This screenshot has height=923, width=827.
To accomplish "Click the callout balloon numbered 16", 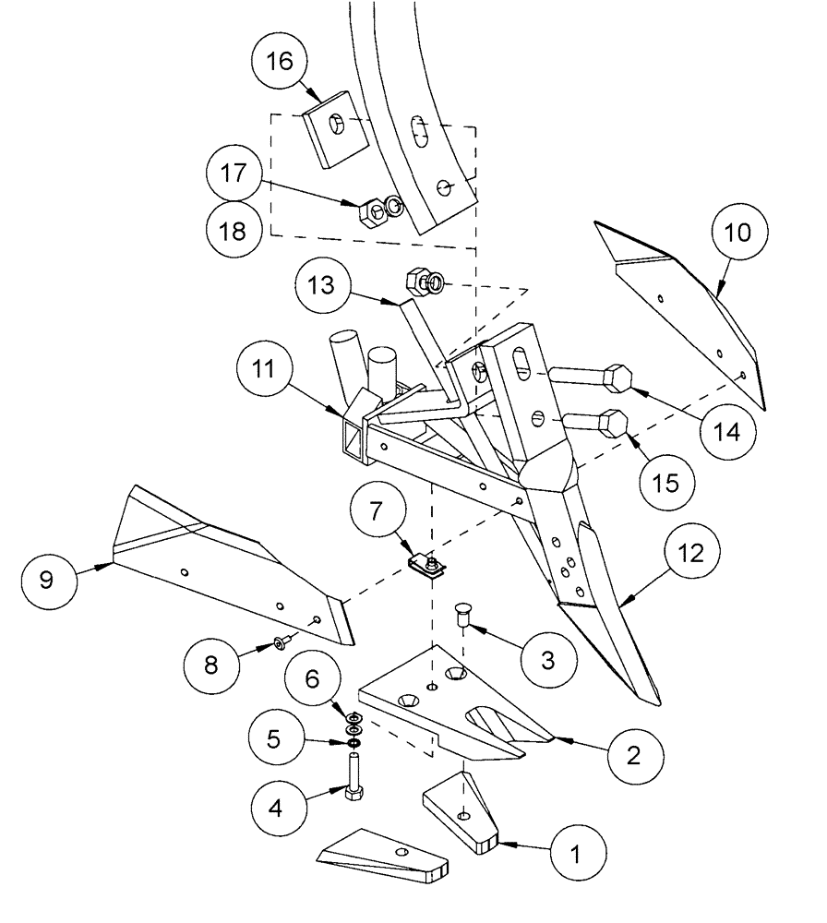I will [280, 63].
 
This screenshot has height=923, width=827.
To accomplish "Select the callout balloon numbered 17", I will [234, 174].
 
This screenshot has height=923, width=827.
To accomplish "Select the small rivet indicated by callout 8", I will [280, 642].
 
